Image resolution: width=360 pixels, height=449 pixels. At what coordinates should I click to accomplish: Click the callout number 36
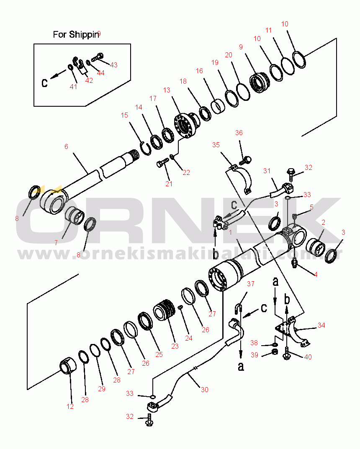tap(239, 133)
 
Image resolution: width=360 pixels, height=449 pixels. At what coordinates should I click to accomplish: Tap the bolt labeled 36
tap(247, 159)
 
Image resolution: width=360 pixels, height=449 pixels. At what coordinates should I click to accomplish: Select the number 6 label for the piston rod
tap(66, 146)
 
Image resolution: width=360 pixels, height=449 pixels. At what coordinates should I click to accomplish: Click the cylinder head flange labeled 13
tap(184, 124)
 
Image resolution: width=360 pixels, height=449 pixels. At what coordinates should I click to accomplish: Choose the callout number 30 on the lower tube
tap(204, 390)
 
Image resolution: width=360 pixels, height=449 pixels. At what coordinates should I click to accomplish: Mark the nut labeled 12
tap(69, 366)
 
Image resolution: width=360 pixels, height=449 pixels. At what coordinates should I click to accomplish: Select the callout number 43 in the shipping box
tap(113, 65)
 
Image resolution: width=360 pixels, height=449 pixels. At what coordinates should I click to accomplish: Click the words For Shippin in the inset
tap(76, 34)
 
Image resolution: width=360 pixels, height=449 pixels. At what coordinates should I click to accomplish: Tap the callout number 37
tap(250, 284)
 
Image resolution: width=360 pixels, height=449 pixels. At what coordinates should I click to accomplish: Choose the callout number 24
tap(189, 338)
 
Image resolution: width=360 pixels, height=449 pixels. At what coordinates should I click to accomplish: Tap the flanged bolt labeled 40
tap(287, 355)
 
